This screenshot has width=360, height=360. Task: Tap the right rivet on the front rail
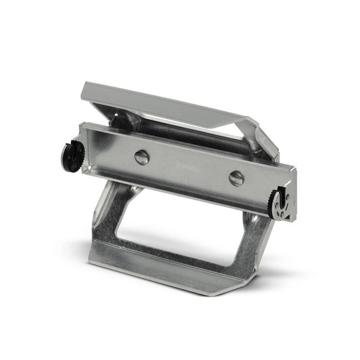236,178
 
